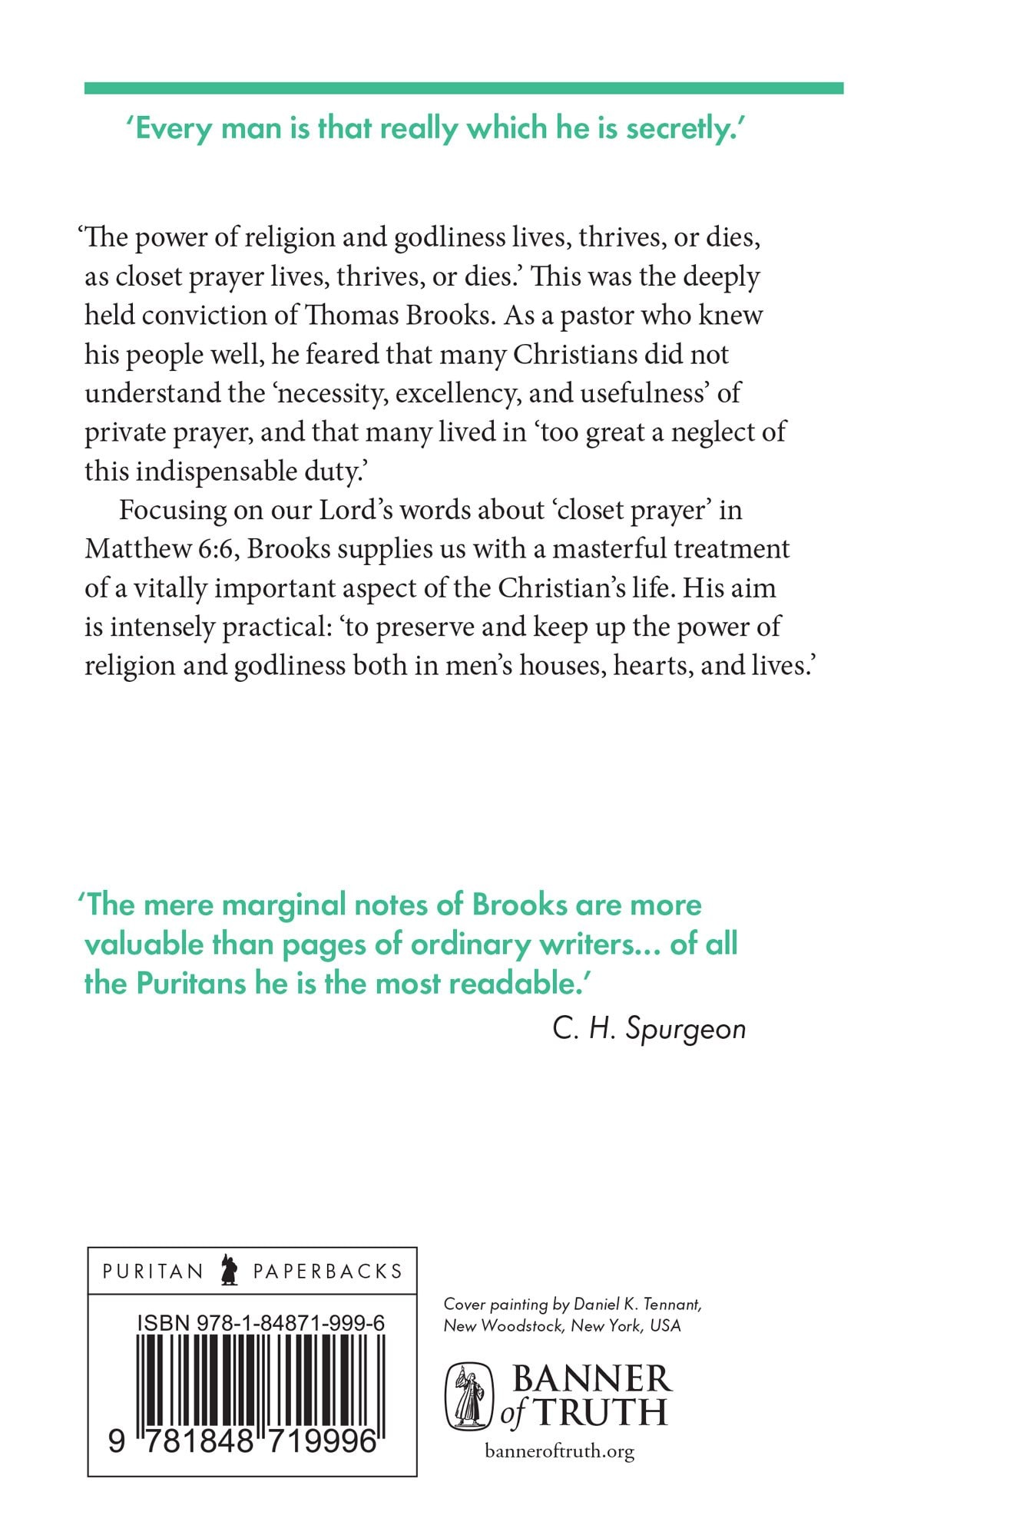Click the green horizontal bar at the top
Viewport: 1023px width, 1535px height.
pyautogui.click(x=464, y=88)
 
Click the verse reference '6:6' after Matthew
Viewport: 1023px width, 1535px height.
pyautogui.click(x=220, y=549)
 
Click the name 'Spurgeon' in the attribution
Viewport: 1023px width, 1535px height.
pyautogui.click(x=685, y=1029)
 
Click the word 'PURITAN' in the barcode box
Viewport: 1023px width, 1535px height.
pyautogui.click(x=153, y=1272)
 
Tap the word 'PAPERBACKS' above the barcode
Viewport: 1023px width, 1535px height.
pyautogui.click(x=328, y=1272)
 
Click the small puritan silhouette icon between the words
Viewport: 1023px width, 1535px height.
pyautogui.click(x=228, y=1270)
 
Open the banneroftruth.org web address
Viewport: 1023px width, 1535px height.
pyautogui.click(x=560, y=1451)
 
